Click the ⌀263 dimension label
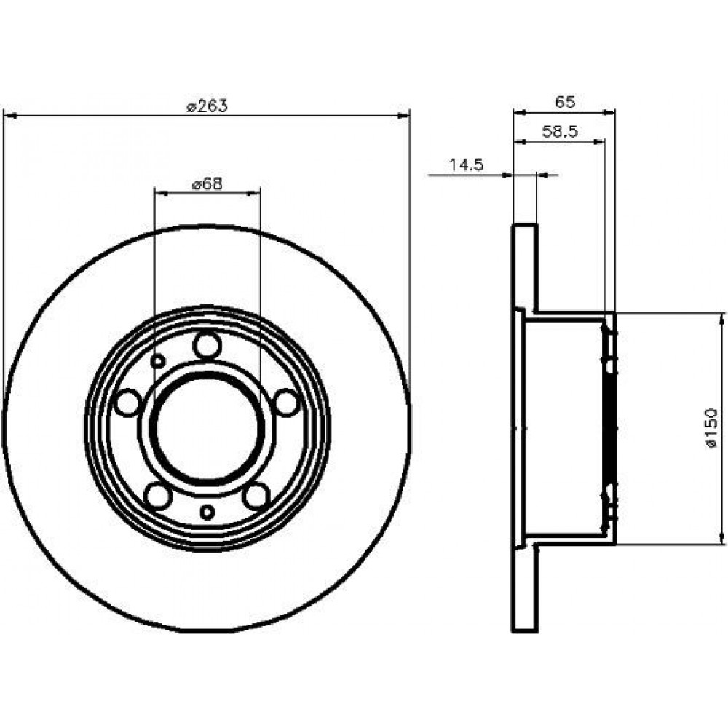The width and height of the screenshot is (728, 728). coord(207,106)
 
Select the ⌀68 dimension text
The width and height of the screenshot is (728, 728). coord(207,184)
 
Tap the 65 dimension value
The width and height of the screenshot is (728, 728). coord(565,102)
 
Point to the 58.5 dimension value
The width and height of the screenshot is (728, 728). coord(560,132)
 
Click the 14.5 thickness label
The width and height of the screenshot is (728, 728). coord(467,165)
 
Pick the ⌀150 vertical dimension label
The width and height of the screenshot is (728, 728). coord(711,428)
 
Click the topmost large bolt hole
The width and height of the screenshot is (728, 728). coord(207,345)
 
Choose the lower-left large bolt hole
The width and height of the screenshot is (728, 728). coord(158,495)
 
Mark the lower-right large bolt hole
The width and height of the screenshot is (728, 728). coord(257,495)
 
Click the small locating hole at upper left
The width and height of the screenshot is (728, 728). coord(158,360)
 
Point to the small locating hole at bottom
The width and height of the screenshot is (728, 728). coord(207,512)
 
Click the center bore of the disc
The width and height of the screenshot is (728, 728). coord(207,427)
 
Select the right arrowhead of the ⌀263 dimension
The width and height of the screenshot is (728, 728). coord(403,115)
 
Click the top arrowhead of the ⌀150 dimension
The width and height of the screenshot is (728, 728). coord(721,320)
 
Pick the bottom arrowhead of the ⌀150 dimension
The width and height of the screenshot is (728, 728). coord(721,537)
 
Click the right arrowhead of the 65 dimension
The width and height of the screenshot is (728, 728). coord(608,112)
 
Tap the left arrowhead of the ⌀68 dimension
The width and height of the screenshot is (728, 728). coord(161,192)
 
